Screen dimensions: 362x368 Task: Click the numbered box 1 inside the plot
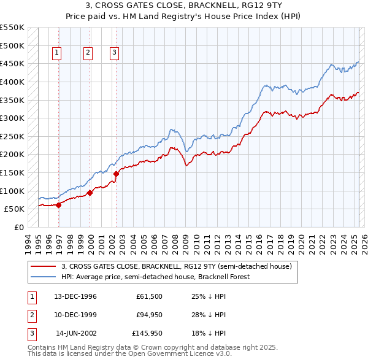56,53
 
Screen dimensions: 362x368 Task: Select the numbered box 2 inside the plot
88,53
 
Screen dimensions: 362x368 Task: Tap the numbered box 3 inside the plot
115,53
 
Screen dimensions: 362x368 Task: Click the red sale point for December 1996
59,205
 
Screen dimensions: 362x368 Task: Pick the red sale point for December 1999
90,193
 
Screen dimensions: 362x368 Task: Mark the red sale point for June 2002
116,174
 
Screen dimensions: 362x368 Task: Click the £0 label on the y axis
18,227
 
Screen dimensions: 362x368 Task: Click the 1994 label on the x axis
28,243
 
